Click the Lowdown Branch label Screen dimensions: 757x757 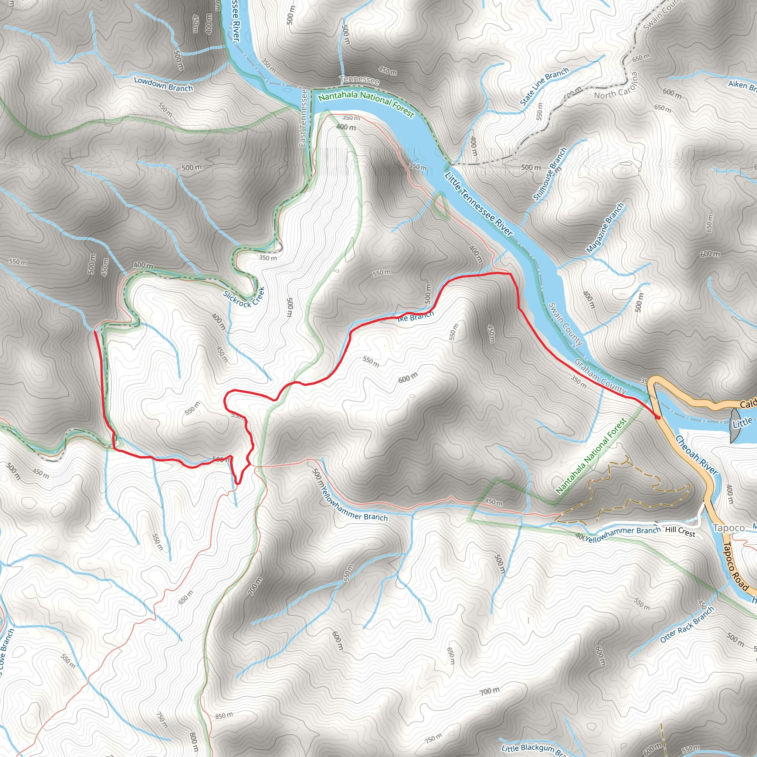(x=163, y=84)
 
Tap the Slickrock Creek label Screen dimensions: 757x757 (x=244, y=298)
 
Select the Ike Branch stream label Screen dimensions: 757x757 (x=416, y=316)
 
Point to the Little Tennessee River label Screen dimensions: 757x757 (x=478, y=204)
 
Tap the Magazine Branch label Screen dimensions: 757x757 (x=605, y=228)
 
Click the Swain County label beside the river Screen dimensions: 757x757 (x=566, y=324)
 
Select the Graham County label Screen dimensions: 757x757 (x=600, y=377)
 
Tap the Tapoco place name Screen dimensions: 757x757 (x=729, y=528)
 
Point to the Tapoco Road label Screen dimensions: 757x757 (x=736, y=566)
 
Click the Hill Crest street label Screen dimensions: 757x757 (x=680, y=531)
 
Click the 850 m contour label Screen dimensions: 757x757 (x=224, y=716)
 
